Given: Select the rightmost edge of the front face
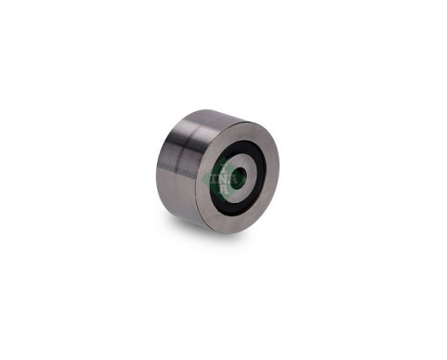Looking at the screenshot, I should (279, 172).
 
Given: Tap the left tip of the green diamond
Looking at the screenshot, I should (209, 179).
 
